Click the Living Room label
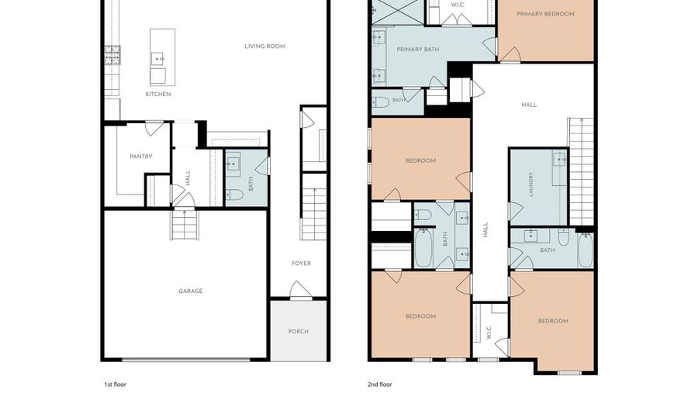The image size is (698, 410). click(265, 46)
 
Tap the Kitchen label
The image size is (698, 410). click(158, 94)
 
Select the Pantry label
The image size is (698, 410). click(140, 156)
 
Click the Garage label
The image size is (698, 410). click(191, 291)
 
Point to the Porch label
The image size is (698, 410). click(299, 331)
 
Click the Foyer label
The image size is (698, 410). click(302, 264)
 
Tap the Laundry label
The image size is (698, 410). click(530, 184)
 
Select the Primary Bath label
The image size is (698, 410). click(417, 49)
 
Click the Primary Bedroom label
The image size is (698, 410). click(545, 14)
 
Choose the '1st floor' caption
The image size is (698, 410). click(116, 384)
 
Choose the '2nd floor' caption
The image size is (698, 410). click(380, 384)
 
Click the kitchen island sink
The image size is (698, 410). click(157, 59)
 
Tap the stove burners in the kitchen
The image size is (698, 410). click(112, 55)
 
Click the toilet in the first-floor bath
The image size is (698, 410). click(234, 195)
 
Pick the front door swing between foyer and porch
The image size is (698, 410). click(301, 290)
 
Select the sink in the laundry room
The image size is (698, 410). click(559, 158)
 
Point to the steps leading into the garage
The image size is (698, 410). click(184, 224)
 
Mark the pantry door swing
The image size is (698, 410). click(154, 129)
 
